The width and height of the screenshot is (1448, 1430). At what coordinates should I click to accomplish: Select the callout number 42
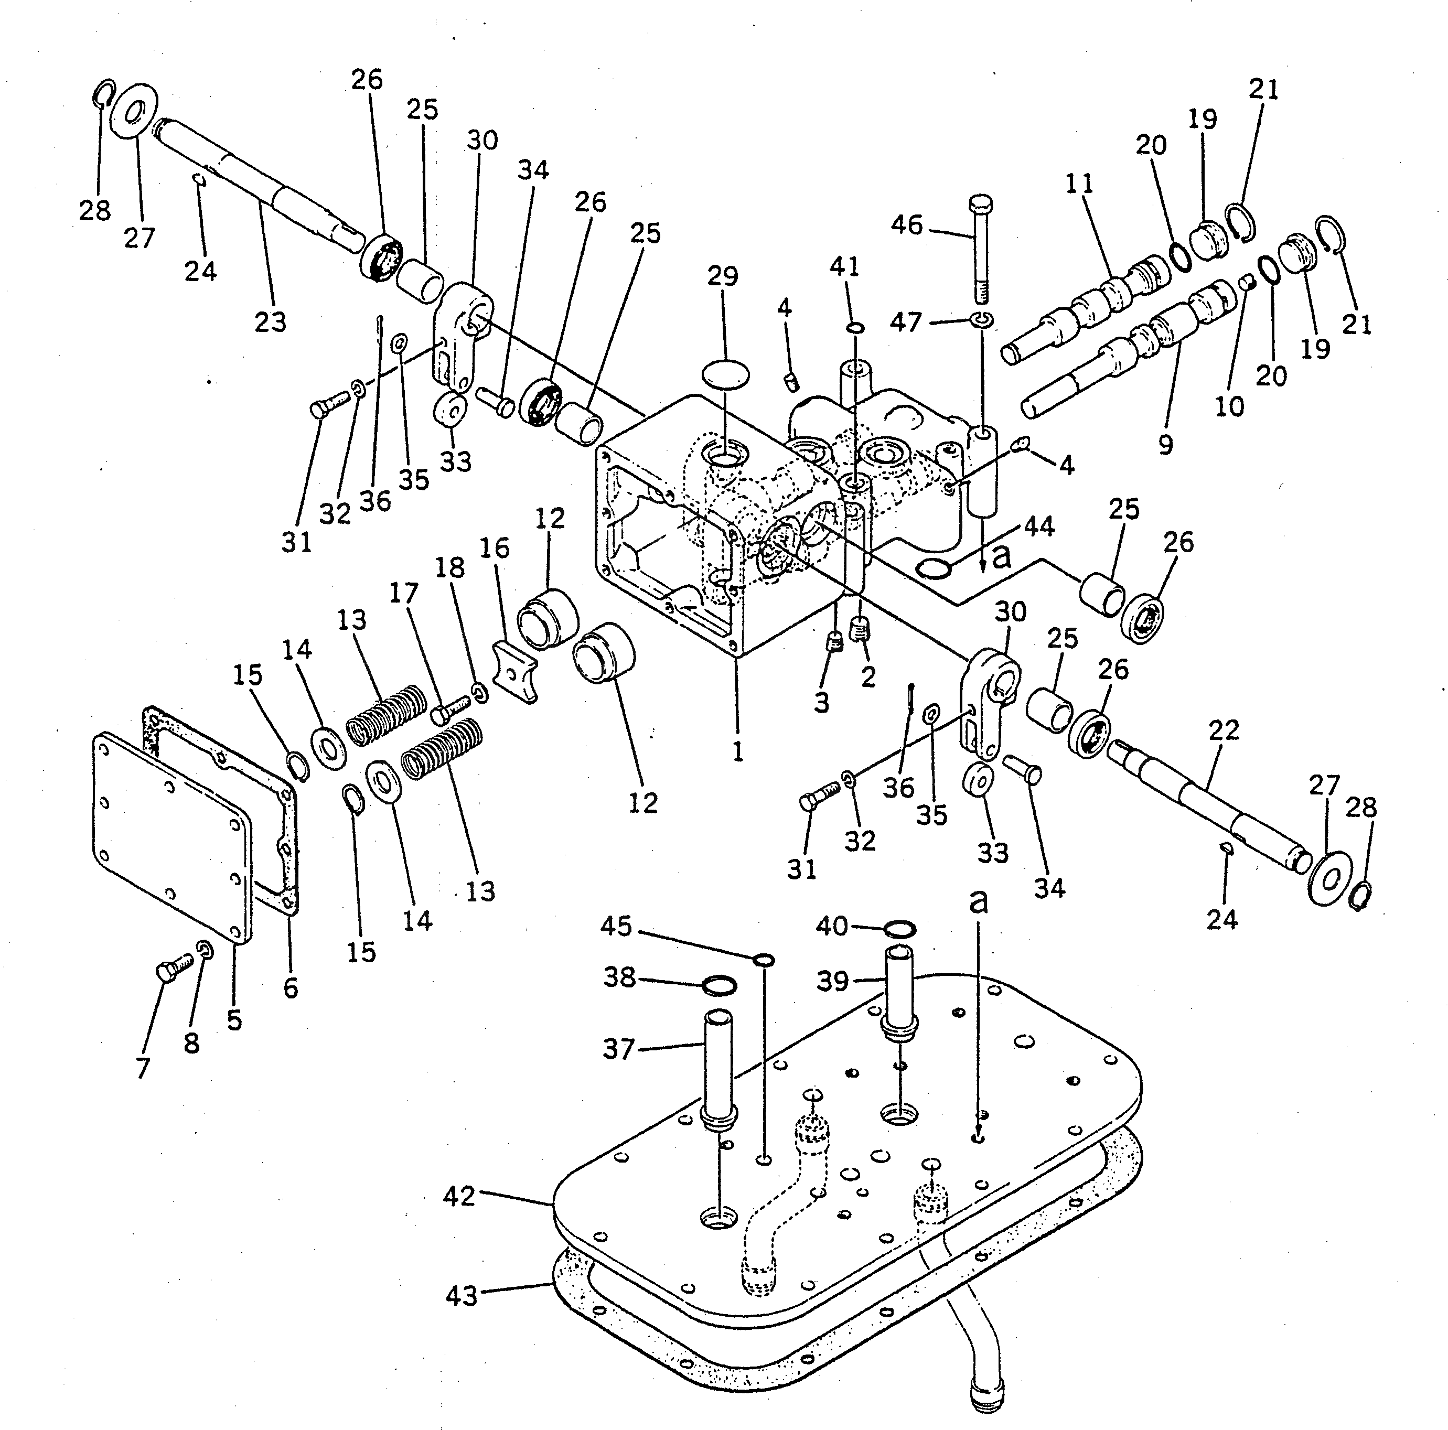[459, 1196]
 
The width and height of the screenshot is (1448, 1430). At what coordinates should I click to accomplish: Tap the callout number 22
[1224, 729]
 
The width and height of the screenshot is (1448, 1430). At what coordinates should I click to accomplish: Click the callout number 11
[1079, 184]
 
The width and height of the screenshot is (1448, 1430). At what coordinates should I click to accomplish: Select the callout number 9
[1165, 445]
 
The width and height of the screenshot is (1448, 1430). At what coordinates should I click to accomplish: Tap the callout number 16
[495, 549]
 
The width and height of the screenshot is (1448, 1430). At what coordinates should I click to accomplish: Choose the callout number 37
[619, 1049]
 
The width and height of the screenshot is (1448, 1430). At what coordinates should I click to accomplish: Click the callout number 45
[616, 927]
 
